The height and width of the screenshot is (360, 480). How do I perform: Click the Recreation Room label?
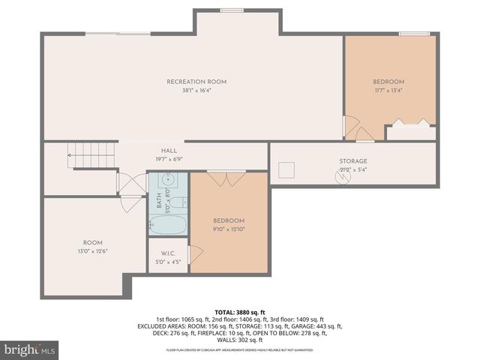point(196,82)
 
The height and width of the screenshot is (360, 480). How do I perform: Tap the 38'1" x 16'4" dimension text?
point(196,91)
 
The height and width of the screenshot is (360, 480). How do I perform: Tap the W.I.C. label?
point(168,253)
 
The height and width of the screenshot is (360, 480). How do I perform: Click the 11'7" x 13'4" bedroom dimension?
point(388,91)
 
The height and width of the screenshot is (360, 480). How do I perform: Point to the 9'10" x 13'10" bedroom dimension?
point(229,229)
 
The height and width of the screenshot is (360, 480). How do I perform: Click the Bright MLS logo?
point(30,349)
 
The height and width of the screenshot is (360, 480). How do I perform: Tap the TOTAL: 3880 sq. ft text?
point(239,311)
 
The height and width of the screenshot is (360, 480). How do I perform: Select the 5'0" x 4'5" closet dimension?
point(168,262)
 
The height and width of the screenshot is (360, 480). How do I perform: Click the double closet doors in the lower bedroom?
point(226,178)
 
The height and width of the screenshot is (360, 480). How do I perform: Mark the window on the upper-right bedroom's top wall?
point(415,33)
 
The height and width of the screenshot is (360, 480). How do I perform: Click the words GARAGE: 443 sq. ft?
point(319,326)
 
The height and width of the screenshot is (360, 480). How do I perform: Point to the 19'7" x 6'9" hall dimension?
point(169,159)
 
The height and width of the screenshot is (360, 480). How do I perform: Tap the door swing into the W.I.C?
point(194,254)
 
